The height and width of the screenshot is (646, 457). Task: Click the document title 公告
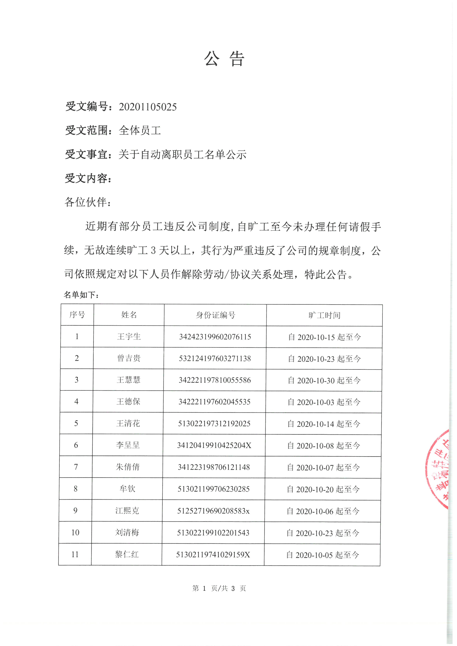(x=224, y=59)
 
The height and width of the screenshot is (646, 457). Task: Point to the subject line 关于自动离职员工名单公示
(x=182, y=155)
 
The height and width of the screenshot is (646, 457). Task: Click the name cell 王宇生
(x=129, y=337)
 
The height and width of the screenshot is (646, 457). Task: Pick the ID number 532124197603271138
(x=215, y=358)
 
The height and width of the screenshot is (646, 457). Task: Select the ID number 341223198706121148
(x=214, y=467)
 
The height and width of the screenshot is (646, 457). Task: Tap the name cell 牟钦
(x=128, y=489)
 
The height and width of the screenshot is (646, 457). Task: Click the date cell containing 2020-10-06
(x=323, y=511)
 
